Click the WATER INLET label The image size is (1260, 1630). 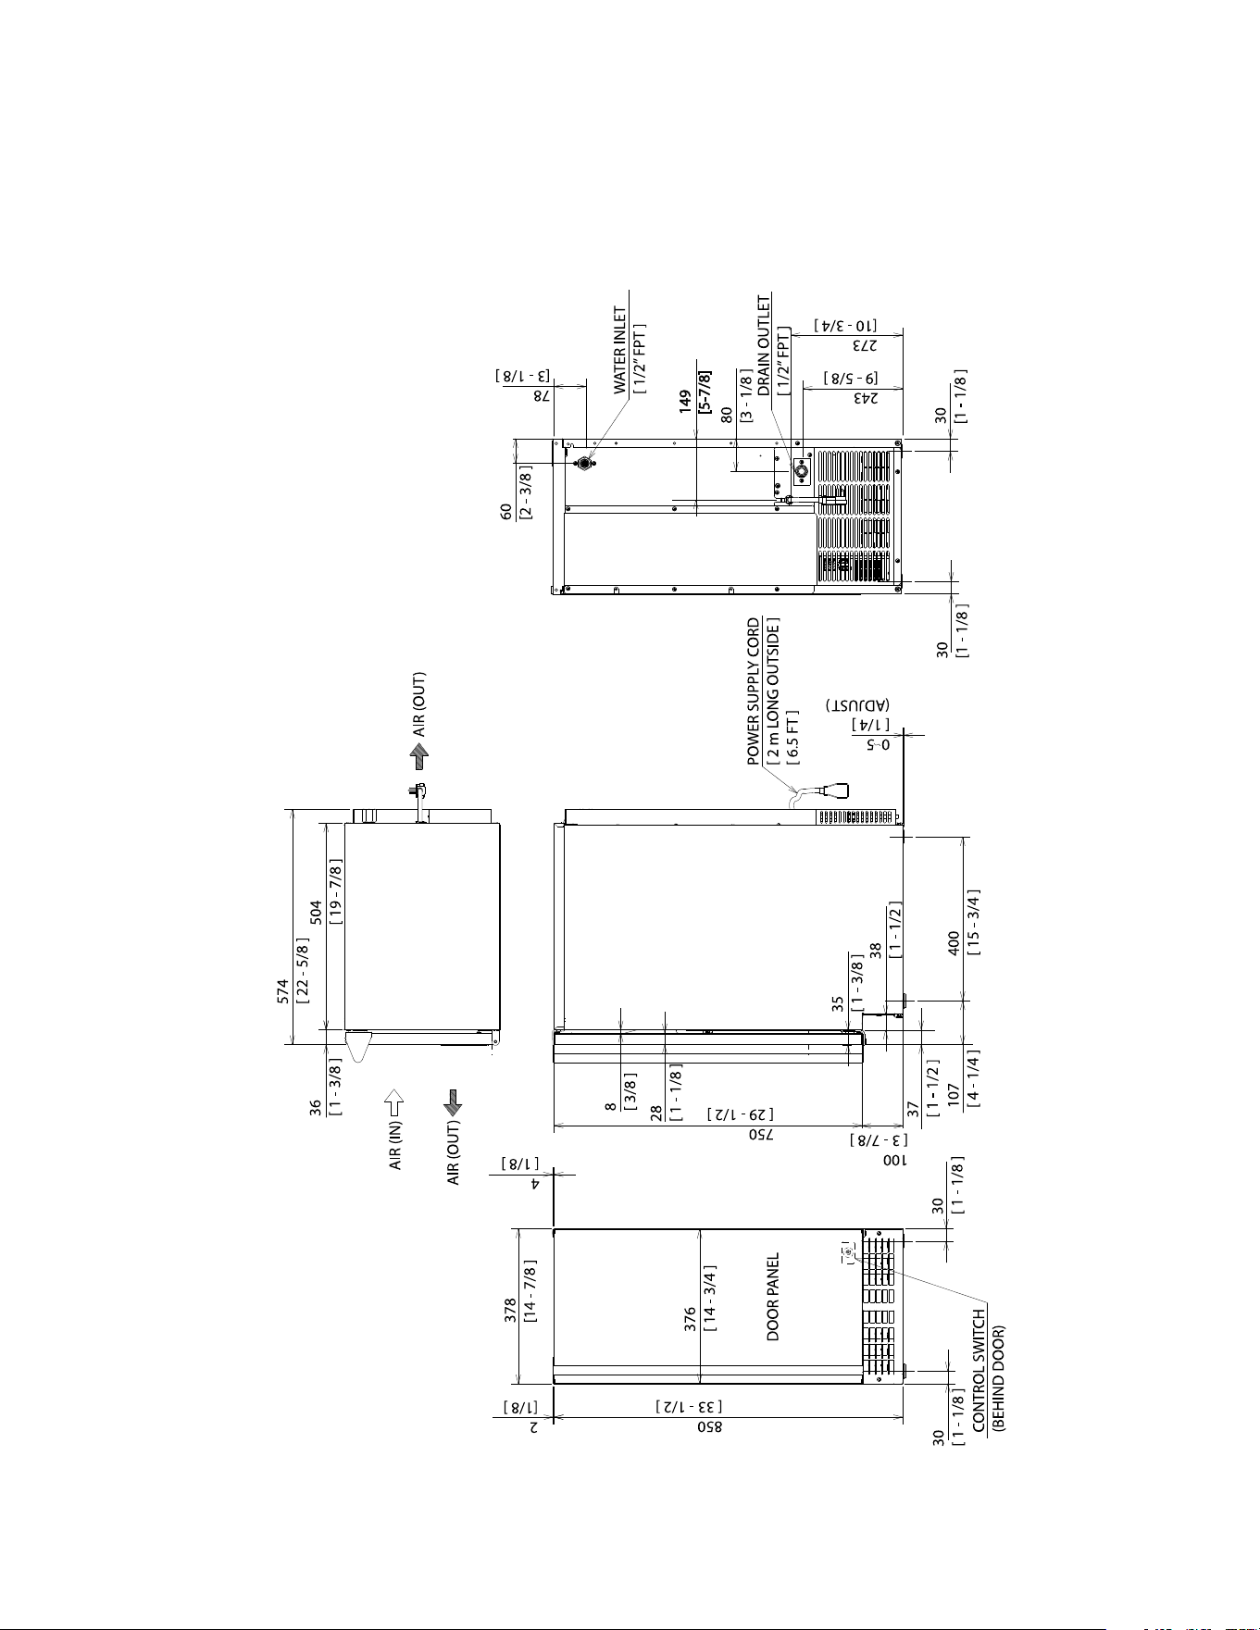point(620,352)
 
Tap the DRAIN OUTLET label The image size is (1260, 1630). point(765,345)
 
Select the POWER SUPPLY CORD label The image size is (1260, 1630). point(755,691)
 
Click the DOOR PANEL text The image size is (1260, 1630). point(773,1297)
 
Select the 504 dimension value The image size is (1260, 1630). point(316,913)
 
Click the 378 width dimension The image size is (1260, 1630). point(511,1312)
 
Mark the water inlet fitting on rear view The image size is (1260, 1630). point(583,463)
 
